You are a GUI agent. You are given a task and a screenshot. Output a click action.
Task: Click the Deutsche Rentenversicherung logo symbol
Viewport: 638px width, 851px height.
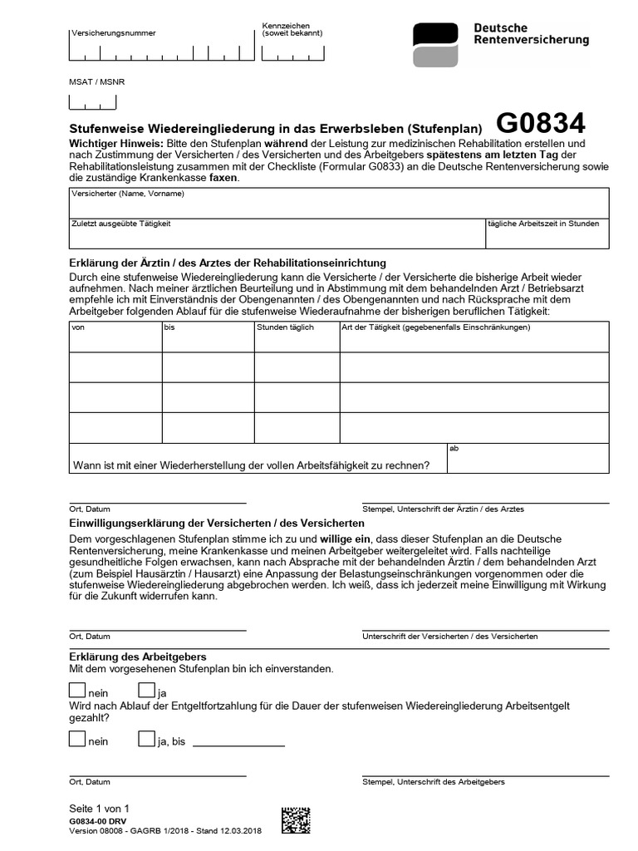pos(435,45)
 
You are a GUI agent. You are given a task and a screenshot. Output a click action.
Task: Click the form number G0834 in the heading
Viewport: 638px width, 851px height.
pos(541,124)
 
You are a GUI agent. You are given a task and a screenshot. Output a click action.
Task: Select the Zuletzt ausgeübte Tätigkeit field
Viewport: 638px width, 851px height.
pos(277,234)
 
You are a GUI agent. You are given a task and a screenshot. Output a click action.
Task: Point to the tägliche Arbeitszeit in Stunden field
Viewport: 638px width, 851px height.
pos(547,234)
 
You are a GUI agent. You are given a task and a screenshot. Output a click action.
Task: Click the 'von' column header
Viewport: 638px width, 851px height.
pos(115,336)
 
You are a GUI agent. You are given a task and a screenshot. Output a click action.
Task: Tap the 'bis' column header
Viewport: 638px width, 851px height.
pos(208,336)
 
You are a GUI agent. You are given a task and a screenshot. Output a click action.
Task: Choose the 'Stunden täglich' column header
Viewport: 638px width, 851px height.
pos(297,336)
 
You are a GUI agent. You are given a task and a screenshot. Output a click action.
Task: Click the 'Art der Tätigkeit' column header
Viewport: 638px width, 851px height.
pos(474,336)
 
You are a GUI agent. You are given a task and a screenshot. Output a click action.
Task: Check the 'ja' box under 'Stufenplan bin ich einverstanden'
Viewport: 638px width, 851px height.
pos(146,690)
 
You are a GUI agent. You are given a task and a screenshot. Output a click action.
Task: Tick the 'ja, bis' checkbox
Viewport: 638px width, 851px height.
pos(146,738)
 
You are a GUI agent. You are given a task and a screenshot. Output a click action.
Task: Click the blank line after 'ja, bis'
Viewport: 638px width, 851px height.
pos(238,742)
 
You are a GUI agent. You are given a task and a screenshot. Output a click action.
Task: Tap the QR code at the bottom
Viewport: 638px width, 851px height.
pos(296,820)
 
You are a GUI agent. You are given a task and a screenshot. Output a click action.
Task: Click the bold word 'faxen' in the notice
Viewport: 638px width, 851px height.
pos(223,178)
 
